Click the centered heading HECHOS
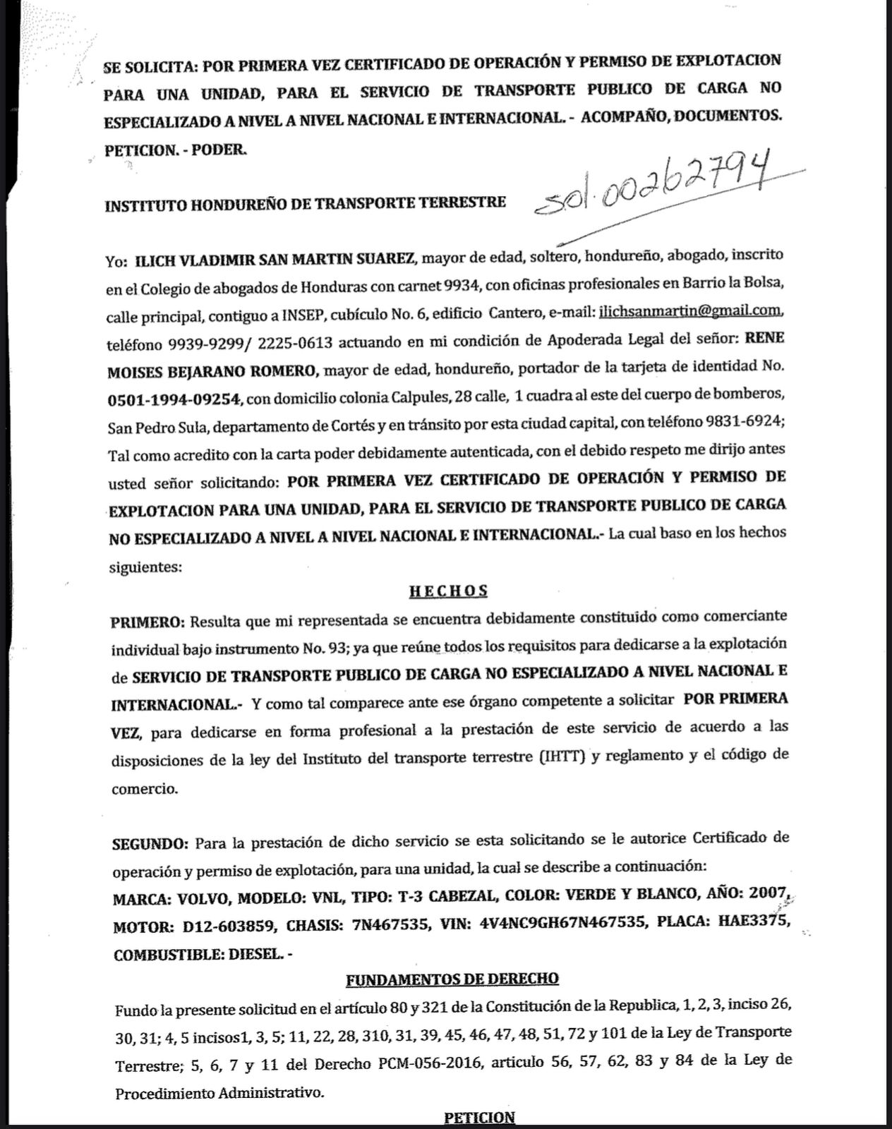[x=449, y=591]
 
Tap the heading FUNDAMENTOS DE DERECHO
[x=452, y=979]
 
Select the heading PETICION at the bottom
[x=479, y=1118]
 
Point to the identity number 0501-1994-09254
[x=176, y=399]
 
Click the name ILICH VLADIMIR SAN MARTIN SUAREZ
[x=274, y=259]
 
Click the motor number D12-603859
[x=218, y=926]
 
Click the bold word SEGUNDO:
[x=150, y=844]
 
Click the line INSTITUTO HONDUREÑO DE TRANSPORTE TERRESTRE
[x=306, y=204]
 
